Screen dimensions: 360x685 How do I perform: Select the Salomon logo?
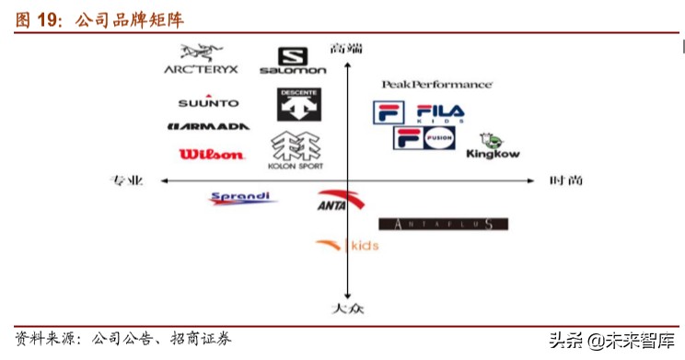tap(293, 61)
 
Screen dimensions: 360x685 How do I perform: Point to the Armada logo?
tap(209, 127)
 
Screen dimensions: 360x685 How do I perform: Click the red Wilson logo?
tap(212, 155)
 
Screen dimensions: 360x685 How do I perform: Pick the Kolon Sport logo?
tap(296, 151)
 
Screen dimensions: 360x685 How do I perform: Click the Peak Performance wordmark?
tap(436, 84)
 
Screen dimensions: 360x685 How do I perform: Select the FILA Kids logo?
tap(420, 113)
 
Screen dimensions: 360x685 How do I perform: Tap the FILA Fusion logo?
tap(424, 138)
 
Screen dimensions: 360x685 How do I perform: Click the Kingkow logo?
tap(493, 146)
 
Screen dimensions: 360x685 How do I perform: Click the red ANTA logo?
tap(331, 201)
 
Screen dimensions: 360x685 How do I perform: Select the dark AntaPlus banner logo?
tap(443, 224)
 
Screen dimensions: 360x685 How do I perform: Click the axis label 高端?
tap(346, 47)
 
